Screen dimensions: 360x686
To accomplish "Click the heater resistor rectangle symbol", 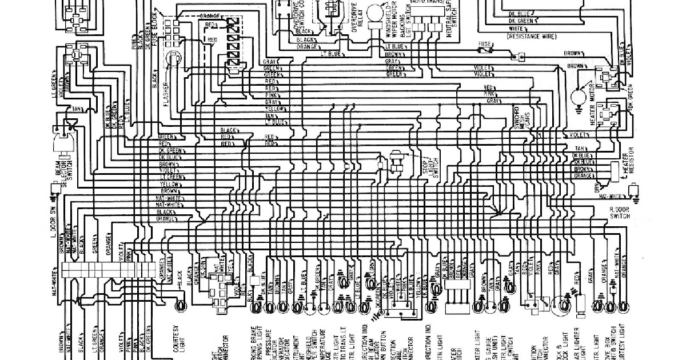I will coord(615,169).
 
